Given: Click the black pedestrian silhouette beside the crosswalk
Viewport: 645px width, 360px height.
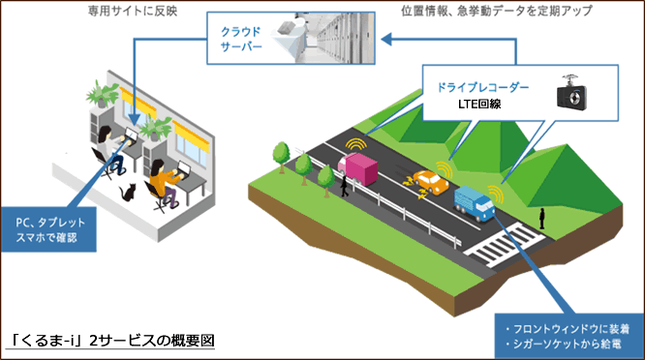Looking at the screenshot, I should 544,219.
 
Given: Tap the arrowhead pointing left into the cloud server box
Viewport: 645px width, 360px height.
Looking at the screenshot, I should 385,41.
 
